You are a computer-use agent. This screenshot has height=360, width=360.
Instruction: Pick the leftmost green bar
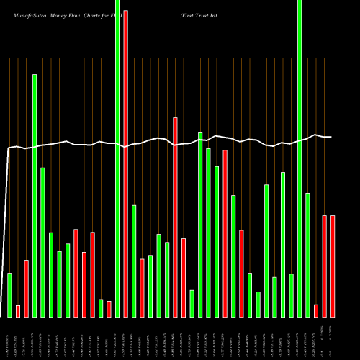click(x=9, y=294)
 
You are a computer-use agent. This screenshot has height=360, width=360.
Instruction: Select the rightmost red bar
click(x=333, y=266)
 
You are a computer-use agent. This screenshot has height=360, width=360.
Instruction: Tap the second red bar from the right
click(x=325, y=266)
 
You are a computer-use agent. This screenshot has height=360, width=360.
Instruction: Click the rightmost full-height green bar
click(x=300, y=158)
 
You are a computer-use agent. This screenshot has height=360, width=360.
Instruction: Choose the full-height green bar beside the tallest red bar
click(x=117, y=158)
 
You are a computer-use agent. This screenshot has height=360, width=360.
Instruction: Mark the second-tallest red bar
click(x=175, y=217)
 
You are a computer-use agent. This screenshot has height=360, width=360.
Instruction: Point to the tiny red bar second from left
click(x=18, y=311)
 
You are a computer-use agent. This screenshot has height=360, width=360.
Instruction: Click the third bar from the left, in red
click(x=26, y=288)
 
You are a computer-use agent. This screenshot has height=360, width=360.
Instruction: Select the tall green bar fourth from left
click(x=35, y=195)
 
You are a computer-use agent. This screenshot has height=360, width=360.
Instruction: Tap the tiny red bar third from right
click(x=316, y=310)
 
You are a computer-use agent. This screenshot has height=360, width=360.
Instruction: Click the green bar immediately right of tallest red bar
click(x=134, y=261)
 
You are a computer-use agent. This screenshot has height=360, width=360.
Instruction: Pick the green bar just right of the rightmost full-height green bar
click(x=307, y=255)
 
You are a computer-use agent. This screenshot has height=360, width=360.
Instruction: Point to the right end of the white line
click(x=331, y=137)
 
